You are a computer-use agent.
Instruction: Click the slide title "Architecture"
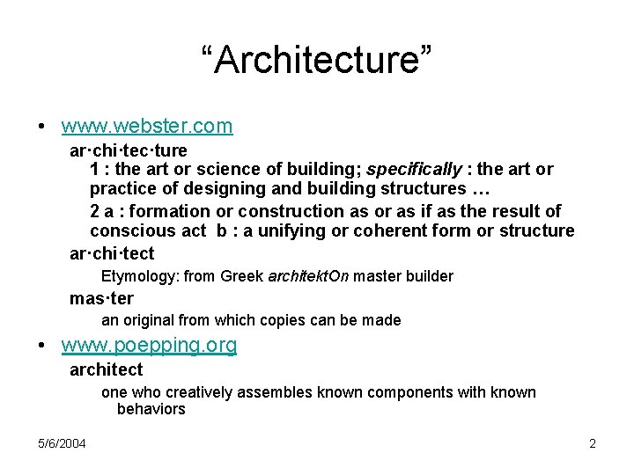[316, 61]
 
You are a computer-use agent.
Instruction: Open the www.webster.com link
[147, 126]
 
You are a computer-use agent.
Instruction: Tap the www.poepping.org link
[149, 346]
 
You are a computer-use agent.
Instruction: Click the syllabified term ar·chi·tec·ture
[129, 150]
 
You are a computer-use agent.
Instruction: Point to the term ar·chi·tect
[112, 254]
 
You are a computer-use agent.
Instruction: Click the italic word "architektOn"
[307, 276]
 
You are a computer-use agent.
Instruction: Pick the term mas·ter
[101, 298]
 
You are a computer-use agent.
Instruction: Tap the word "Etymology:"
[140, 276]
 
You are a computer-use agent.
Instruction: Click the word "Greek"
[241, 276]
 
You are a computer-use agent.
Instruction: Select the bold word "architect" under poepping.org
[106, 370]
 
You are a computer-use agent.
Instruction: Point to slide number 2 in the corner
[593, 443]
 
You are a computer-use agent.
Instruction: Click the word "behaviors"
[151, 409]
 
